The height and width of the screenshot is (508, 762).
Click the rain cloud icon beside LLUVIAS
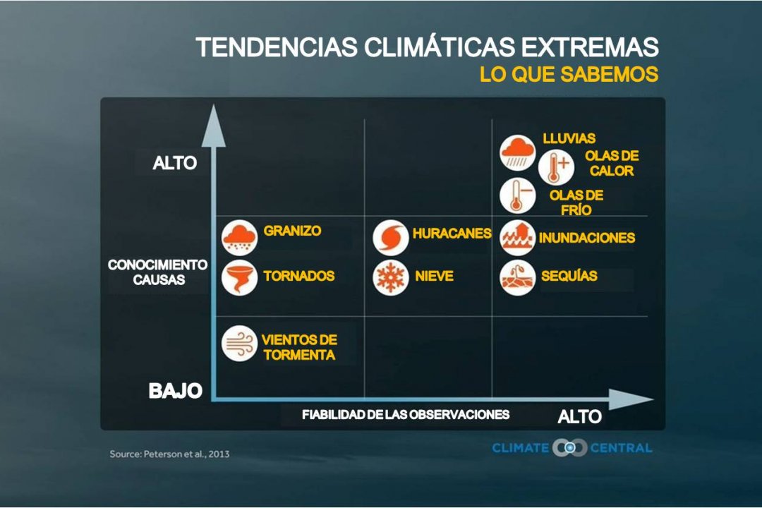tap(518, 152)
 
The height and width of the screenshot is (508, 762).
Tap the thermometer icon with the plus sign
tap(556, 167)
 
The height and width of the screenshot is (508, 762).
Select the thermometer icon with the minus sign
tap(518, 196)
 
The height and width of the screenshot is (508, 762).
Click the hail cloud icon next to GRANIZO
tap(239, 238)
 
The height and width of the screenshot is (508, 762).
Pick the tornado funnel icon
tap(239, 277)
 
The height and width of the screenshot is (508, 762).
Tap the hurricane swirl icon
tap(391, 238)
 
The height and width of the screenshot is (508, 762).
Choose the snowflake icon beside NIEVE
tap(391, 277)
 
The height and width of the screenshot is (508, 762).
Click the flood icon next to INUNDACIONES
tap(518, 238)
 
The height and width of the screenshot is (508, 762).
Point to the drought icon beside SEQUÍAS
tap(518, 277)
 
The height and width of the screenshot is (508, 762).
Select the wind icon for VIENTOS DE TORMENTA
tap(239, 343)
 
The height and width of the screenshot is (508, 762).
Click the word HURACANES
tap(452, 234)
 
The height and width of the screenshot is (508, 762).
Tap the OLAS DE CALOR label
tap(612, 164)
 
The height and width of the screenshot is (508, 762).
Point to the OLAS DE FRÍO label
tap(576, 202)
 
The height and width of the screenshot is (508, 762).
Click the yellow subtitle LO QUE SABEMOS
tap(569, 74)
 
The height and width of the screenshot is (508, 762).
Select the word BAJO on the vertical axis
tap(176, 391)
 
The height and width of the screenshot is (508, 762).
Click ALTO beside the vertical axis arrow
tap(175, 163)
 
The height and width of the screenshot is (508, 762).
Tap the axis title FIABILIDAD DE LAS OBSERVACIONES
tap(406, 415)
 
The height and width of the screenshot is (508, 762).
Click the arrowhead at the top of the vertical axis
tap(213, 126)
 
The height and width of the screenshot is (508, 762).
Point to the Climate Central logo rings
tap(569, 447)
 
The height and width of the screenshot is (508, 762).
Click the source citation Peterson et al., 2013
tap(169, 454)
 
